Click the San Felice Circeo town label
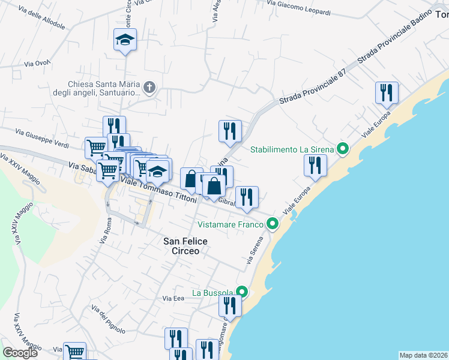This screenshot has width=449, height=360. [x=185, y=246]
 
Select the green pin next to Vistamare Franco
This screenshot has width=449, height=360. [x=273, y=224]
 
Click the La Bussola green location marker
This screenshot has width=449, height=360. [x=242, y=292]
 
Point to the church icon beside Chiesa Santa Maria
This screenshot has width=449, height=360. [x=149, y=89]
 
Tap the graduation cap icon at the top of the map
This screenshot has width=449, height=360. [x=125, y=40]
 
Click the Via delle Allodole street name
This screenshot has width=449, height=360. [x=41, y=16]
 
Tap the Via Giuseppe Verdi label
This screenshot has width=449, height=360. [x=41, y=138]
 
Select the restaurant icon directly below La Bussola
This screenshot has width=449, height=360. [x=230, y=306]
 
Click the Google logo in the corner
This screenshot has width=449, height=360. [x=20, y=353]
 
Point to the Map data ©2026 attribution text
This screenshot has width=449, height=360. [x=423, y=355]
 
